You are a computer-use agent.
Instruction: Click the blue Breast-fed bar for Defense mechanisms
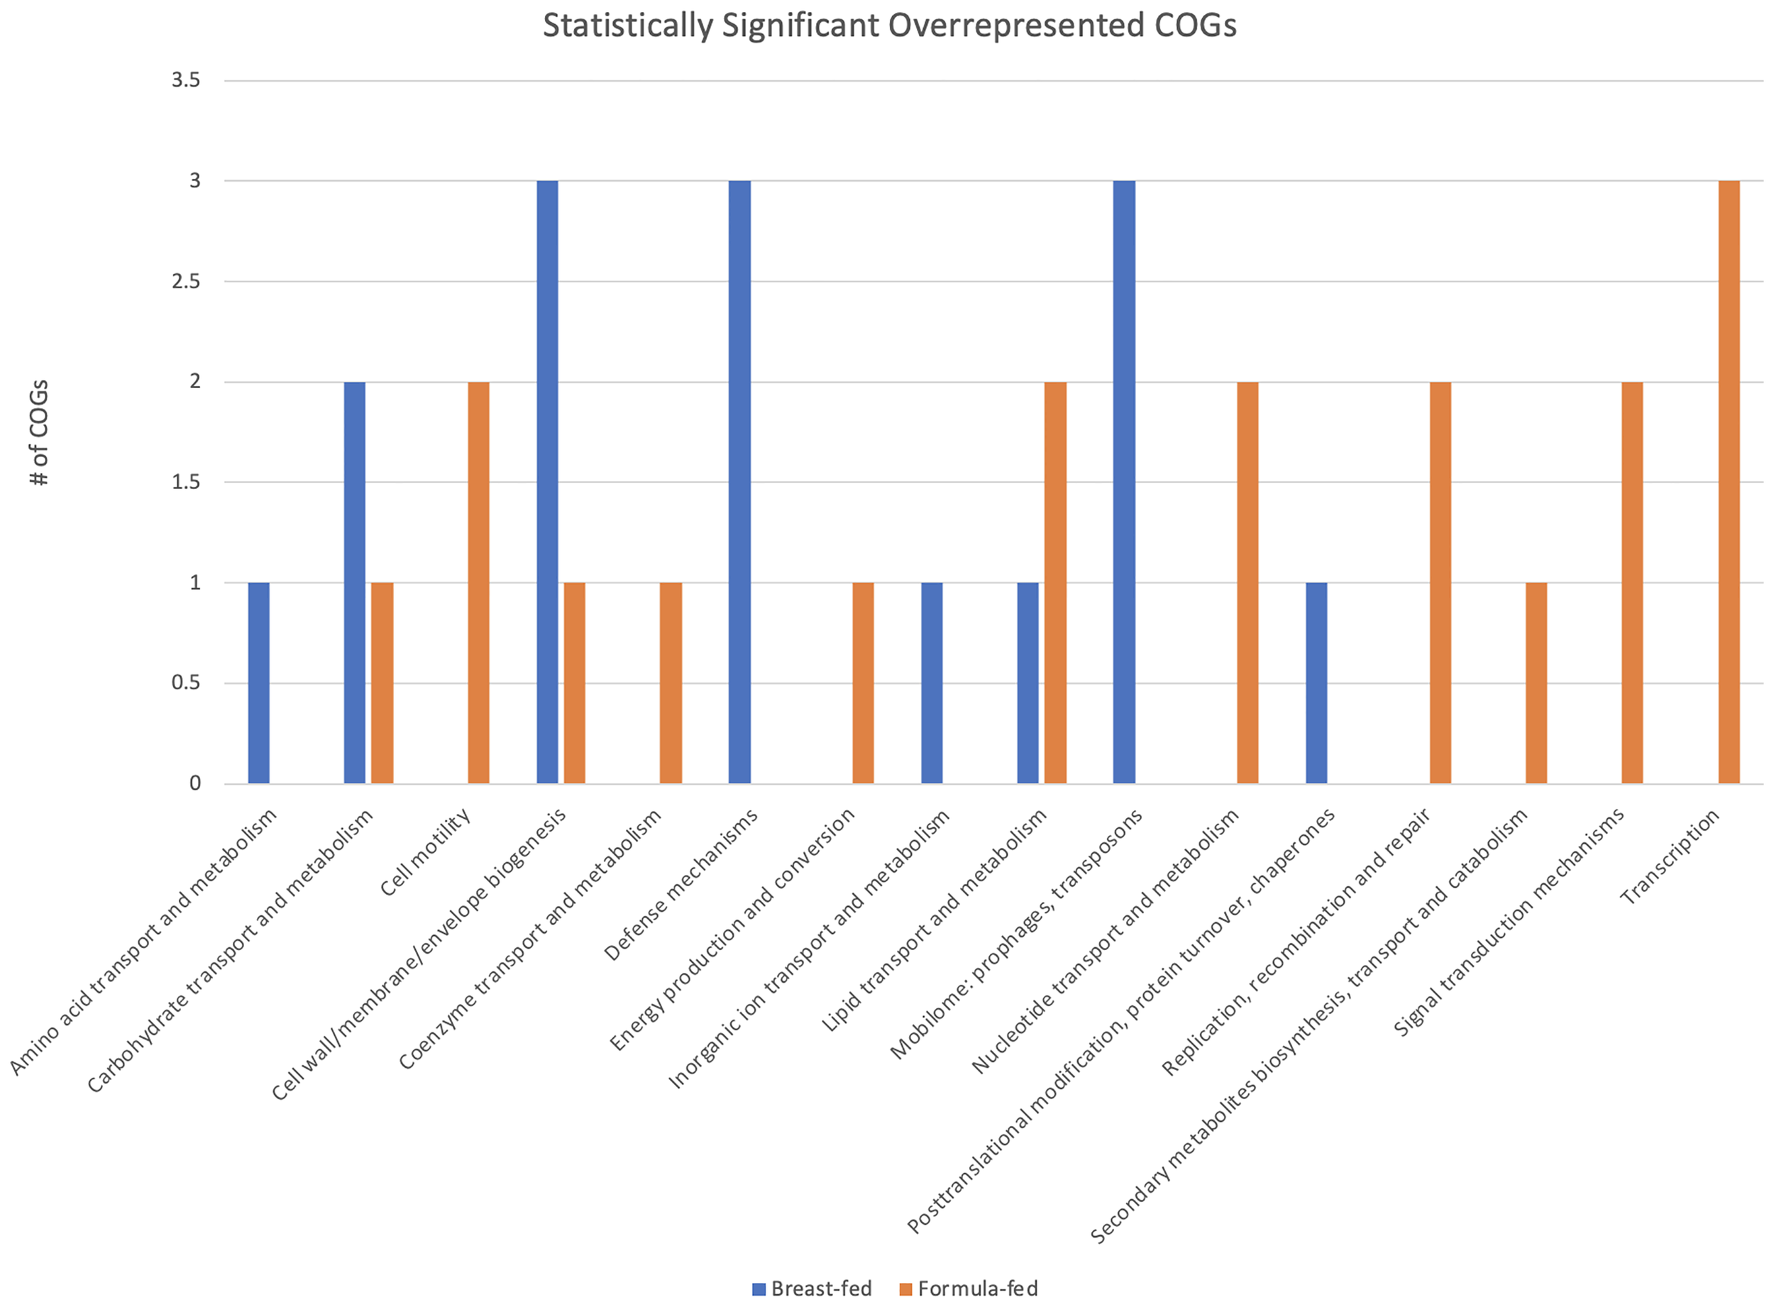tap(739, 482)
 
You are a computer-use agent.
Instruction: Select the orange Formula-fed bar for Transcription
tap(1728, 482)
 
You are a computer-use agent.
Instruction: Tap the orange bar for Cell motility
tap(478, 583)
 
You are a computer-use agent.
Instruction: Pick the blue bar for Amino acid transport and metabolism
tap(259, 683)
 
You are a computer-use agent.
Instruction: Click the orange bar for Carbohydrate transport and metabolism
tap(382, 683)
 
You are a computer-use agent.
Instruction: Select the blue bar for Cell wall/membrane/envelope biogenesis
tap(547, 482)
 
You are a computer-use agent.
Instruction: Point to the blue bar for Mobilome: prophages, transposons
tap(1123, 482)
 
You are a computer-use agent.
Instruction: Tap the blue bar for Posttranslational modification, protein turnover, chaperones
tap(1316, 683)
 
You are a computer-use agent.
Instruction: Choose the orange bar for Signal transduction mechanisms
tap(1631, 583)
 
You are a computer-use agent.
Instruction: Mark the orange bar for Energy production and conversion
tap(862, 683)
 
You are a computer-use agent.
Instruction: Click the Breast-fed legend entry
tap(812, 1289)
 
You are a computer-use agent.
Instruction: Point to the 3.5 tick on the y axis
tap(186, 80)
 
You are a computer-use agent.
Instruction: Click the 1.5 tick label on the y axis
tap(186, 482)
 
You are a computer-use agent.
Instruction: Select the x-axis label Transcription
tap(1670, 858)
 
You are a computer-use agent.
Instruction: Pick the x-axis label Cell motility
tap(425, 853)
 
